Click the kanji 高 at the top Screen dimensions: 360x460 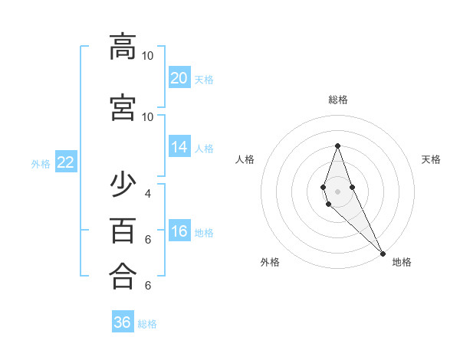click(x=123, y=47)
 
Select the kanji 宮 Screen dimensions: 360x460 click(x=123, y=107)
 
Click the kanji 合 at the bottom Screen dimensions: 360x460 click(x=123, y=276)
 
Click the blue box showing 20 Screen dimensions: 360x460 click(x=179, y=78)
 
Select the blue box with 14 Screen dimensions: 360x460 click(x=179, y=148)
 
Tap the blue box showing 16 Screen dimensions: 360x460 click(x=179, y=232)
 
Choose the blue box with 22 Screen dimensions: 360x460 click(x=66, y=162)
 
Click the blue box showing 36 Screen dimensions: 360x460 click(x=123, y=322)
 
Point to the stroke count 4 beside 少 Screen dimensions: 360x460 click(x=147, y=193)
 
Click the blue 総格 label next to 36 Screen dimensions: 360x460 click(x=147, y=324)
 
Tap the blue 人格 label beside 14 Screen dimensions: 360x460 click(x=204, y=149)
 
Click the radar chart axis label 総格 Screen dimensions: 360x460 click(x=338, y=100)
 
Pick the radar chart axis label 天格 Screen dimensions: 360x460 click(x=432, y=159)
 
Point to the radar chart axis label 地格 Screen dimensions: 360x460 click(x=402, y=263)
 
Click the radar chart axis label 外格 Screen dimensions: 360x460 click(x=270, y=263)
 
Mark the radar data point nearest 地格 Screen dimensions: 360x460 click(x=383, y=254)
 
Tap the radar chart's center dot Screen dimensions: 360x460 click(x=338, y=191)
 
